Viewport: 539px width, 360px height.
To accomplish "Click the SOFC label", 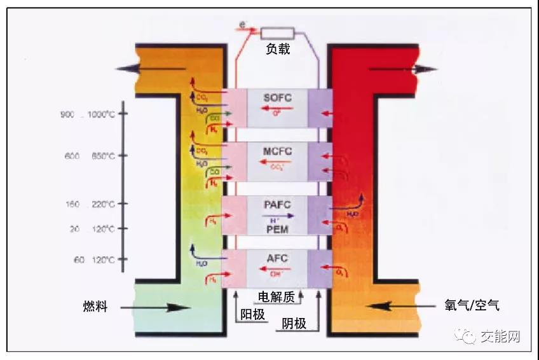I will tap(276, 98).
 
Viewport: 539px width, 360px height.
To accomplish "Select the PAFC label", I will tap(276, 205).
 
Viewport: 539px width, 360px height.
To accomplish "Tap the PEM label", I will tap(276, 228).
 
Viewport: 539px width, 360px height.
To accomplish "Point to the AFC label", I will tap(276, 260).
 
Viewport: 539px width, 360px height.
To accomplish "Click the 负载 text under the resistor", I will tap(278, 50).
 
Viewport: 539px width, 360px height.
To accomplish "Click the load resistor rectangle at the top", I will tap(277, 32).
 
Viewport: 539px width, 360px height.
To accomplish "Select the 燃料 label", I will tap(95, 307).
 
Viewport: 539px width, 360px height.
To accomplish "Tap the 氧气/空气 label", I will tap(472, 305).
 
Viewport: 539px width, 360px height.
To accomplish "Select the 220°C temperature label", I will tap(102, 205).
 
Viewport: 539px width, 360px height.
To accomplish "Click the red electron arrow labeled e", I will tap(248, 29).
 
